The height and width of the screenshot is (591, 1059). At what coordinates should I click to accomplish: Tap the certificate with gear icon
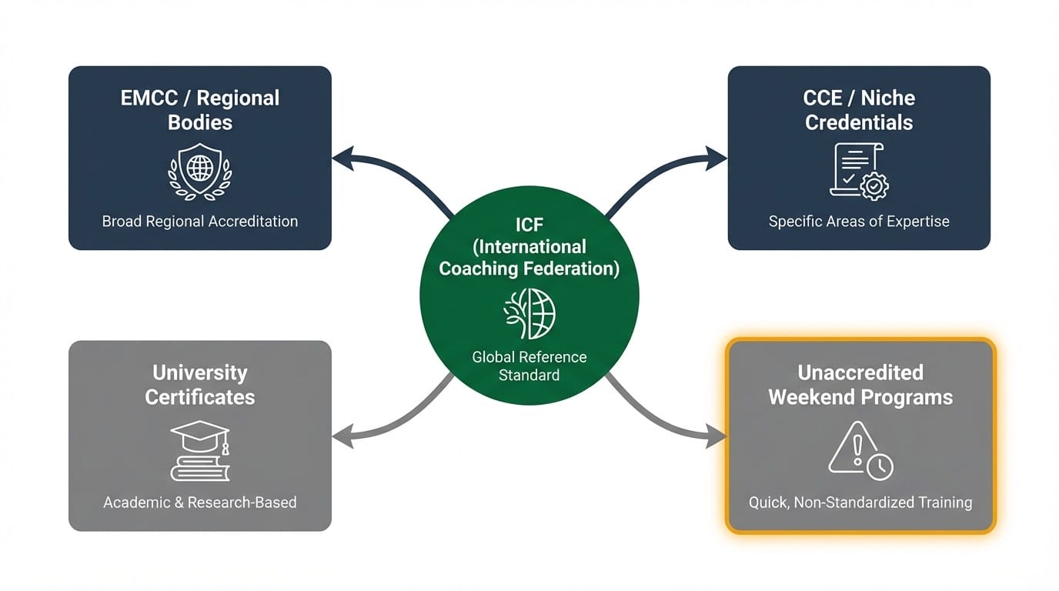pyautogui.click(x=858, y=171)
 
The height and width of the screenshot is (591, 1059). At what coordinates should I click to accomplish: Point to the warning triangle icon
pyautogui.click(x=853, y=448)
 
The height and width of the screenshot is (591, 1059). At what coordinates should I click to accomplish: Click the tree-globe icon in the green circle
pyautogui.click(x=529, y=313)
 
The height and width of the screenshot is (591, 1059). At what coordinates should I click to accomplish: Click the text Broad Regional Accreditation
pyautogui.click(x=200, y=222)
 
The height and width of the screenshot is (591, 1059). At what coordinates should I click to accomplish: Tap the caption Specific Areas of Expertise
pyautogui.click(x=859, y=222)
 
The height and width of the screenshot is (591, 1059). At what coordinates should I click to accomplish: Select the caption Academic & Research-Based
pyautogui.click(x=200, y=503)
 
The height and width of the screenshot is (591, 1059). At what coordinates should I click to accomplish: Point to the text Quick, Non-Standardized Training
pyautogui.click(x=860, y=503)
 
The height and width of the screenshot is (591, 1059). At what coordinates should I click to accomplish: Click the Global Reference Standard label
pyautogui.click(x=529, y=366)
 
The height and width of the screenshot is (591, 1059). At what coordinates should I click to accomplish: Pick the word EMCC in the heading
pyautogui.click(x=150, y=98)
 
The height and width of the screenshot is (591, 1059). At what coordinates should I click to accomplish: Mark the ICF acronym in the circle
pyautogui.click(x=529, y=225)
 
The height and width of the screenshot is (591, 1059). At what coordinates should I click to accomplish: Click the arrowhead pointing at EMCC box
pyautogui.click(x=340, y=159)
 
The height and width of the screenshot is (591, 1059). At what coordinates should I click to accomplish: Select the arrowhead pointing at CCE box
pyautogui.click(x=719, y=159)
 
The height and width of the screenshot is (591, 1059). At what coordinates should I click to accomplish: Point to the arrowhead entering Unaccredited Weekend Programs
pyautogui.click(x=719, y=438)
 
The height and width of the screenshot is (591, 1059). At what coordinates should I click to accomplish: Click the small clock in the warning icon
pyautogui.click(x=880, y=466)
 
